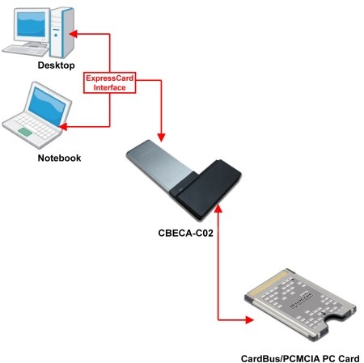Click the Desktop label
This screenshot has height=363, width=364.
click(x=56, y=65)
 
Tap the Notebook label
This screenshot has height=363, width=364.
click(x=59, y=158)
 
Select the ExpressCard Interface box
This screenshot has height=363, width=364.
click(x=109, y=82)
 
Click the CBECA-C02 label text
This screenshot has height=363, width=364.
click(x=185, y=233)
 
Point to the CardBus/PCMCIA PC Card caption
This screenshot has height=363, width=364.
click(x=300, y=359)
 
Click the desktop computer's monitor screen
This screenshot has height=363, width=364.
click(x=31, y=24)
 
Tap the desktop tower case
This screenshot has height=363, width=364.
click(x=62, y=32)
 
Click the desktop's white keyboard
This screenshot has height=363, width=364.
click(x=25, y=50)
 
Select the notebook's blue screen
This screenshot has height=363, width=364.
click(x=47, y=107)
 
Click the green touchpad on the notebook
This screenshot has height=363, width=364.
click(x=25, y=132)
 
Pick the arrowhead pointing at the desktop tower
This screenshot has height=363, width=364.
click(x=74, y=34)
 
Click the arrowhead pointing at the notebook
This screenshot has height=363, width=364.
click(x=63, y=126)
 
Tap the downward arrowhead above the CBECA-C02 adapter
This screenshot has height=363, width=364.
click(x=161, y=137)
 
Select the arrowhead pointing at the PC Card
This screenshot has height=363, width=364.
click(x=249, y=320)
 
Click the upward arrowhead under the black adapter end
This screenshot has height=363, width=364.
click(x=218, y=209)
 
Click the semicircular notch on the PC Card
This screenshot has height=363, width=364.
click(x=335, y=320)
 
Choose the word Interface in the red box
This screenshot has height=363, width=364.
click(x=109, y=87)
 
